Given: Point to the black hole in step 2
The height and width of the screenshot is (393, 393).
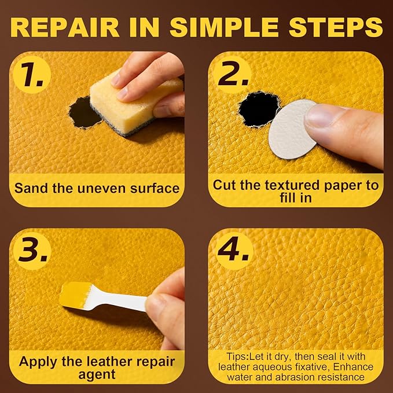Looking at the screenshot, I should (259, 107).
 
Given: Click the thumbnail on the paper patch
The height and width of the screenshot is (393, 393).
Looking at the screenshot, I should (321, 116).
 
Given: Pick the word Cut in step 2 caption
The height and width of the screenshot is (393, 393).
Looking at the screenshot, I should (225, 185).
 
